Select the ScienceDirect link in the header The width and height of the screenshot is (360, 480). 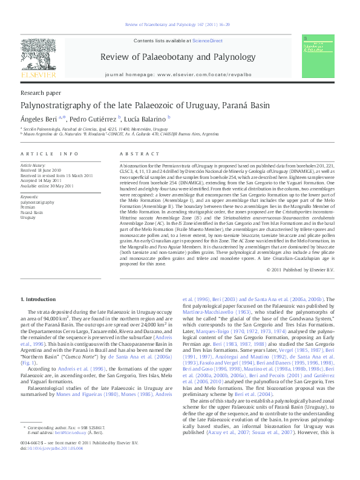pyautogui.click(x=208, y=41)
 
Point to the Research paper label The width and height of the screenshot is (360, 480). pyautogui.click(x=41, y=93)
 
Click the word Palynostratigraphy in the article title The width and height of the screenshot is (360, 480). pyautogui.click(x=56, y=105)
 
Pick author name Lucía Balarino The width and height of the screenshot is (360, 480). pyautogui.click(x=146, y=118)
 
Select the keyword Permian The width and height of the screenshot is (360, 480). pyautogui.click(x=29, y=207)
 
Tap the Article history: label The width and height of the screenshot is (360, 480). pyautogui.click(x=33, y=164)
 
